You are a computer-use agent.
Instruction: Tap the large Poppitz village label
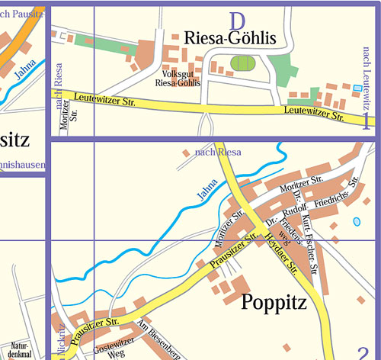tap(273, 303)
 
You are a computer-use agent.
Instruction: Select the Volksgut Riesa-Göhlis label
tap(177, 79)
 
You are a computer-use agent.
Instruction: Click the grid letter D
tap(239, 19)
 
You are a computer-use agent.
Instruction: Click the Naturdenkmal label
tap(19, 349)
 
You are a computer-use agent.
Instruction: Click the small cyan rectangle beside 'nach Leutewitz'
tap(358, 89)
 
